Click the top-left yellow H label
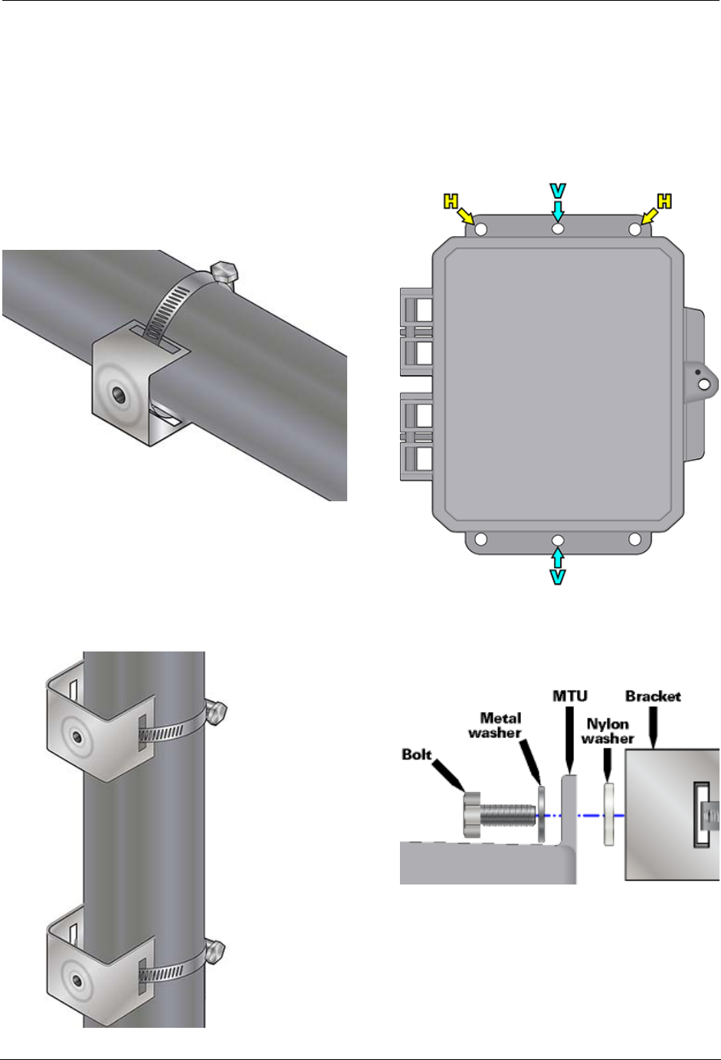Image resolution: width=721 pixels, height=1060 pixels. click(451, 202)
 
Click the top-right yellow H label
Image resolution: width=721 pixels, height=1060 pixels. click(664, 202)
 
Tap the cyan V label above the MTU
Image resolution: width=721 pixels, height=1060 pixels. click(559, 191)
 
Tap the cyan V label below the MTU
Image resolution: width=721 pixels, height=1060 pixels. click(559, 577)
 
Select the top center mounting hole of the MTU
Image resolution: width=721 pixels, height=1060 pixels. click(559, 229)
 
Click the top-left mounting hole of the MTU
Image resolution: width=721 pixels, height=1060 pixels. click(481, 230)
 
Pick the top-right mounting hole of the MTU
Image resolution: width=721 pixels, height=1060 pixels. click(635, 230)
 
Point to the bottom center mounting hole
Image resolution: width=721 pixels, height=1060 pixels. click(559, 540)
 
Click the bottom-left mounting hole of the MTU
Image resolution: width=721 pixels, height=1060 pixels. click(481, 539)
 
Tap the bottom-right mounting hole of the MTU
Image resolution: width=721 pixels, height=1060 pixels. click(635, 539)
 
